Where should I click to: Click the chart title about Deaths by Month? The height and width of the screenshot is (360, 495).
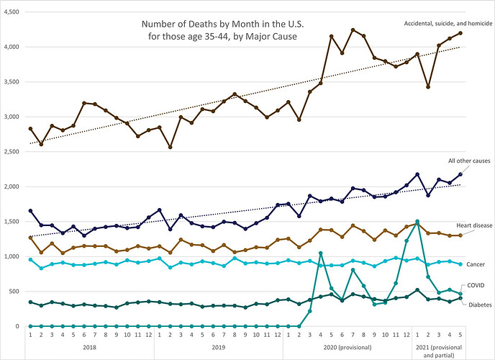tap(222, 30)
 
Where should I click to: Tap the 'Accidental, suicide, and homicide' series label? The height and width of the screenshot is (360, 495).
tap(448, 23)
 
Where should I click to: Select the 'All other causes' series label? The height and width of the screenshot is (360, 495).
tap(469, 161)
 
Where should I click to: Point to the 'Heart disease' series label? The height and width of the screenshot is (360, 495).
tap(474, 225)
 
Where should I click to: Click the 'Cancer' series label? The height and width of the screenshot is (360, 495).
tap(476, 264)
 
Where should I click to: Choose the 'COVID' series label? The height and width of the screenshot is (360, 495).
tap(476, 285)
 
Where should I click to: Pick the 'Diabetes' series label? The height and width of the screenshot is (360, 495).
tap(480, 305)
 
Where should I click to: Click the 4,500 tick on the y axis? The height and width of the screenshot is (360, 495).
tap(12, 12)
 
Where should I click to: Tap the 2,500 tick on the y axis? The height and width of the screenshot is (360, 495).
tap(12, 152)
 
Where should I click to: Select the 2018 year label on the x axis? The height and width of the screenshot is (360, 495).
tap(90, 347)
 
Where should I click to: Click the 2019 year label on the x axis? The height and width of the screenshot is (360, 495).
tap(219, 347)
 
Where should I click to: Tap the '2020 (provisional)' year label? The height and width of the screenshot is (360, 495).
tap(348, 347)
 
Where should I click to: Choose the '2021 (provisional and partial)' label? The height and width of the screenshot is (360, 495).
tap(439, 351)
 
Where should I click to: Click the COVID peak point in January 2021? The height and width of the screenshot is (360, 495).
tap(417, 221)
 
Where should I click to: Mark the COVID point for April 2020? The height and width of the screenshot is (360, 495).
tap(321, 253)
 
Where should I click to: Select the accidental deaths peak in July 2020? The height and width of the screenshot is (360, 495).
tap(353, 30)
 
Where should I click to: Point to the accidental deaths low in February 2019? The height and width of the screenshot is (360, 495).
tap(171, 147)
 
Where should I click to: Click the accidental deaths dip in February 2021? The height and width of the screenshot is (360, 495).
tap(428, 87)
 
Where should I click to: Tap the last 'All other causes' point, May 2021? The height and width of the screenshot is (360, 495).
tap(460, 174)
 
